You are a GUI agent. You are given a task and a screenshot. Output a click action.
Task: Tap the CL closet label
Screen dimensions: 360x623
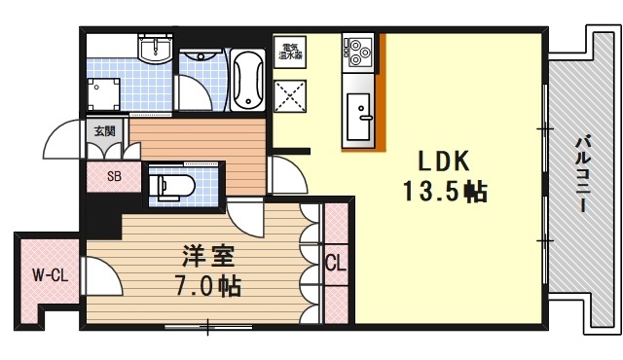pos(334,263)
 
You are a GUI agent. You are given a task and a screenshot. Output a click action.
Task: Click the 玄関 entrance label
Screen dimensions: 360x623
pos(103,130)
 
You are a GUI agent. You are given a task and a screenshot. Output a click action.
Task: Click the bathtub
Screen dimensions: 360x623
pos(249,78)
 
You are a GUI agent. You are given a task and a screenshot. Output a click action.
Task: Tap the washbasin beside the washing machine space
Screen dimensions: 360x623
pos(155,50)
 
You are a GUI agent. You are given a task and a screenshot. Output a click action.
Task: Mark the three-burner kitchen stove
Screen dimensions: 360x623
pos(356,52)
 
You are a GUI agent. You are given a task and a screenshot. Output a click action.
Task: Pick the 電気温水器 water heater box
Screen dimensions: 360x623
pos(290,53)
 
